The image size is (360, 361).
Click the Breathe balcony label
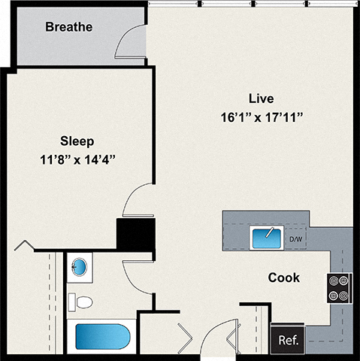pos(68,28)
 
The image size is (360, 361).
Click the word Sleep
pos(77,141)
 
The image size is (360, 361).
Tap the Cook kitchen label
pos(283,278)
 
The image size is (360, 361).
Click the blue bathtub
pos(102,338)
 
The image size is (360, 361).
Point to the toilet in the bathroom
pos(80,303)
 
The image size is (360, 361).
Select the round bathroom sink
pos(78,267)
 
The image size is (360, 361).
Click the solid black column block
pos(135,233)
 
